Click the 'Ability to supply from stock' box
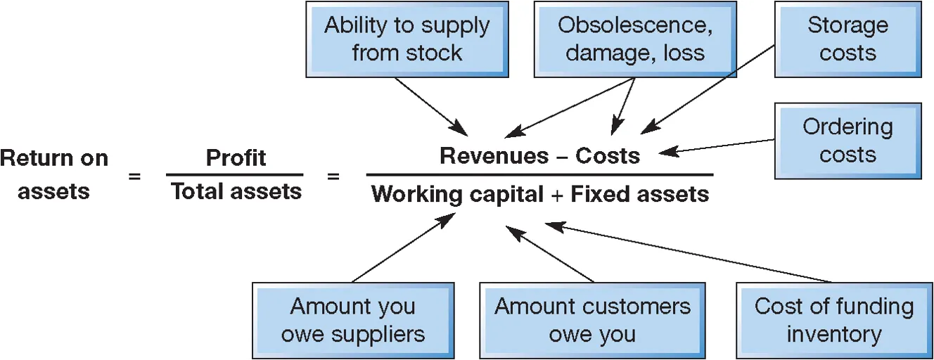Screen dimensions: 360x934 [407, 39]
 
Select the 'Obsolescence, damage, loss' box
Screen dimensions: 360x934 [634, 39]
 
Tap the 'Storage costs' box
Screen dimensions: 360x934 [847, 39]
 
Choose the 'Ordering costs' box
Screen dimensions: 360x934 [847, 141]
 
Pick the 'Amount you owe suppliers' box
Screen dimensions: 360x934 [353, 320]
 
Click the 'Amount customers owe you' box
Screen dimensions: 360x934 [592, 320]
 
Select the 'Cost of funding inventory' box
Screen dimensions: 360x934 [833, 320]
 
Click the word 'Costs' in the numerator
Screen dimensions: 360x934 [608, 155]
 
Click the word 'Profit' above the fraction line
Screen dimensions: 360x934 [236, 157]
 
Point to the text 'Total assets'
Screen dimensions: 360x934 [236, 191]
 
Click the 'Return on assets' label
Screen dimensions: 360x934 [53, 174]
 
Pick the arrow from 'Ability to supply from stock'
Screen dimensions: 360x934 [430, 105]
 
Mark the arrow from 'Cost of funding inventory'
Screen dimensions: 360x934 [689, 253]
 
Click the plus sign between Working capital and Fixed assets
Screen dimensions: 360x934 [556, 194]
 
